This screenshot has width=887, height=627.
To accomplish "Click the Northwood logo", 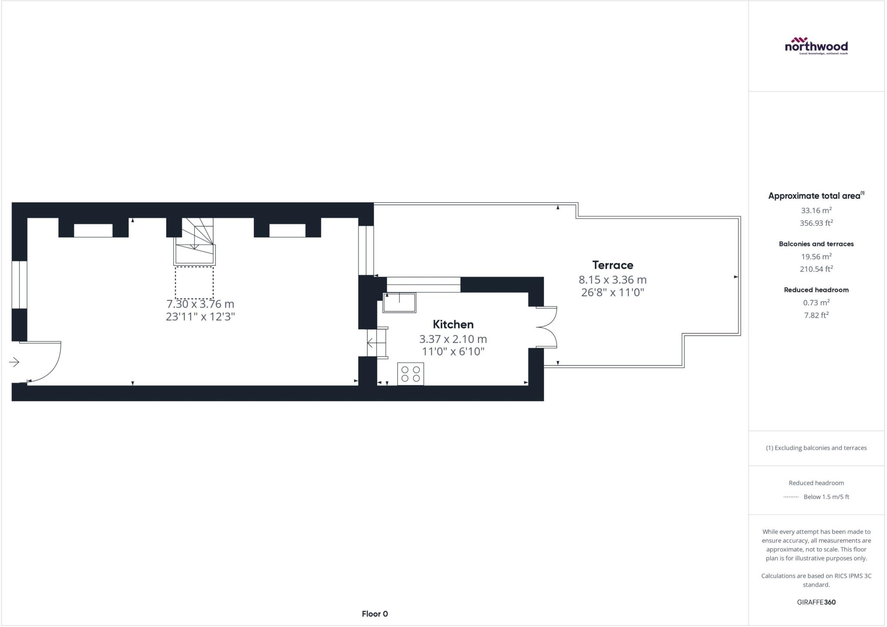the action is [816, 45].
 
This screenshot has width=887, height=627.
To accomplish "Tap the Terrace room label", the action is [612, 265].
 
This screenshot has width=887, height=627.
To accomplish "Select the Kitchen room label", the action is [453, 324].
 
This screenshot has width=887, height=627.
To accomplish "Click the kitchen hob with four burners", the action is [411, 374].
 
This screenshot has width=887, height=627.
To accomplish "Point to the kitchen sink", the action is [399, 302].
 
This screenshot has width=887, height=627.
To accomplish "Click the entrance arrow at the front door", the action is [14, 362].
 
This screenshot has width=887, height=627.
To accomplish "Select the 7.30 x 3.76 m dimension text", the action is [200, 304].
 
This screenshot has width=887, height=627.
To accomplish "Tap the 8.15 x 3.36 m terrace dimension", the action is [612, 280].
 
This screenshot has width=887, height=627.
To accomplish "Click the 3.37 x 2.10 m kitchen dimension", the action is [453, 339].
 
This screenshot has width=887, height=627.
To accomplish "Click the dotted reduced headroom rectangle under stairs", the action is [194, 283].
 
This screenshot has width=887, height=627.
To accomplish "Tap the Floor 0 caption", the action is [375, 614].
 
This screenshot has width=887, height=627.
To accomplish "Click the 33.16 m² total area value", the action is [816, 211].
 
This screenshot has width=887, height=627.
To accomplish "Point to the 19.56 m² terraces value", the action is [816, 257].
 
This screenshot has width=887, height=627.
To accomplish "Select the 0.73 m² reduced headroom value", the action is [816, 302].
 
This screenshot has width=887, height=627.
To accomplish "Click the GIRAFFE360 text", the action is [816, 602].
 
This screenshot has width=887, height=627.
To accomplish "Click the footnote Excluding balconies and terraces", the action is [816, 448].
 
